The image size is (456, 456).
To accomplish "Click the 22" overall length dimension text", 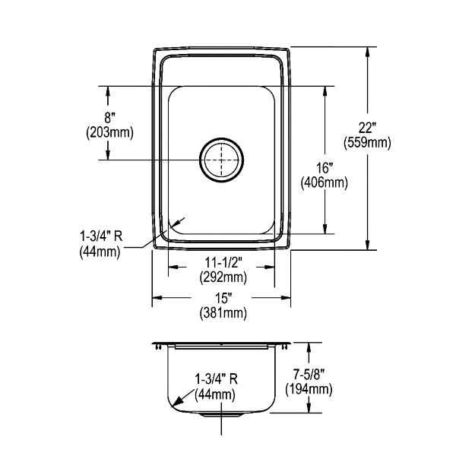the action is coord(367,128).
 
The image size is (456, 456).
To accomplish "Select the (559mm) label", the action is coord(367,143).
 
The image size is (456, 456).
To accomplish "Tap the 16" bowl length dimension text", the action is coord(325,168).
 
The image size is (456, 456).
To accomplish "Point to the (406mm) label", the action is coord(325,183).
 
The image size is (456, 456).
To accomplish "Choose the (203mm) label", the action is coord(109,133).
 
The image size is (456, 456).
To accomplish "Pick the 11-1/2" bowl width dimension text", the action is coord(223,263).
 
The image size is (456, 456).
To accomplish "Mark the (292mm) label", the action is coord(223,277).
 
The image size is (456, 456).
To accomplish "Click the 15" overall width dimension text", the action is coord(223,299).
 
